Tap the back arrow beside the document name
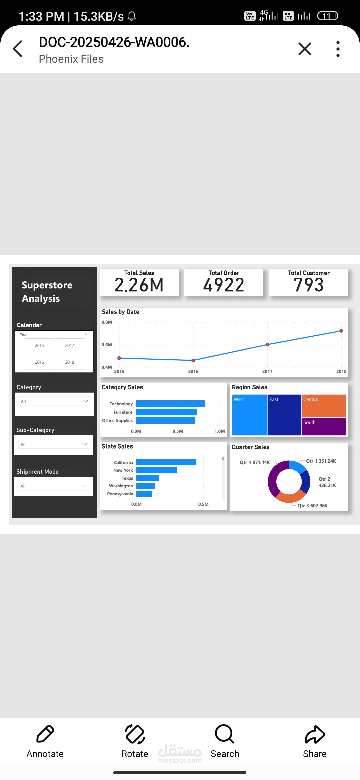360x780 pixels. (x=18, y=49)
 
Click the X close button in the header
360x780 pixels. (x=305, y=49)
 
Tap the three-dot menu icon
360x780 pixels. (x=338, y=49)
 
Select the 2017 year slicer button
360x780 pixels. (x=69, y=345)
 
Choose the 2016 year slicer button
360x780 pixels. (x=39, y=362)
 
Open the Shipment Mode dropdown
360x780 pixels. (x=53, y=486)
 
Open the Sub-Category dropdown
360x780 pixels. (x=54, y=444)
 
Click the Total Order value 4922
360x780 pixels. (x=224, y=285)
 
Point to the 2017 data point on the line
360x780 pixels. (x=267, y=345)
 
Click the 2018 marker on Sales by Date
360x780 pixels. (x=341, y=331)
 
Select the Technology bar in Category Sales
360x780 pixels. (x=171, y=404)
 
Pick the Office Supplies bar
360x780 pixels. (x=165, y=420)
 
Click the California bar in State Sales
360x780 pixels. (x=166, y=462)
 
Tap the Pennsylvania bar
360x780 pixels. (x=144, y=494)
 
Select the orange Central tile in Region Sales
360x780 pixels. (x=324, y=406)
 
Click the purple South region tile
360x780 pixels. (x=324, y=426)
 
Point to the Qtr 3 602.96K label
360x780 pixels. (x=312, y=506)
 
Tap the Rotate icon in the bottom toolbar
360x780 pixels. (x=135, y=734)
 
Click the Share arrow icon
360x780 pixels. (x=315, y=734)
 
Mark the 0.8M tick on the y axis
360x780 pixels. (x=107, y=322)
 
